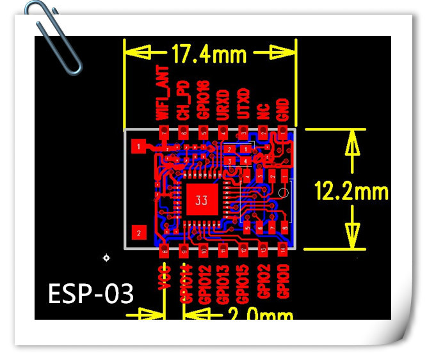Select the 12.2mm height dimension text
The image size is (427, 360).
[x=352, y=191]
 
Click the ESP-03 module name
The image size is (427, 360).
[x=91, y=293]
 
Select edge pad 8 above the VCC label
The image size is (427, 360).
[x=165, y=250]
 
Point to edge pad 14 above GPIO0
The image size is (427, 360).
[x=283, y=250]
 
